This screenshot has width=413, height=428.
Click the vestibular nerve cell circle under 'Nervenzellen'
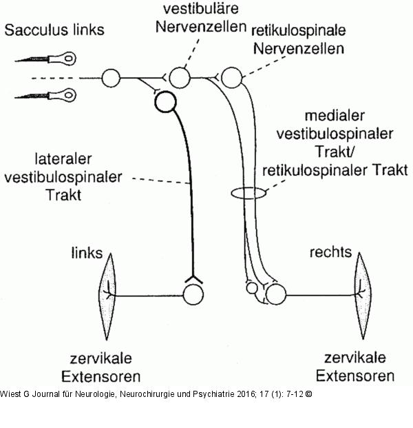point(179,77)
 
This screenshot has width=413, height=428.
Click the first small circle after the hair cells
point(111,77)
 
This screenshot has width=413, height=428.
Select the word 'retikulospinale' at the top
point(299,32)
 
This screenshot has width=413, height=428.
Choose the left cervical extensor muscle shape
point(107,295)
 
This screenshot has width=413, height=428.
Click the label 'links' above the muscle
point(87,253)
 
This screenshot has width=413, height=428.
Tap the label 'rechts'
point(329,253)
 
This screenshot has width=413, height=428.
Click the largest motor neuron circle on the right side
point(275,294)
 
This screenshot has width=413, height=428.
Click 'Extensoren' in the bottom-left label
point(101,376)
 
